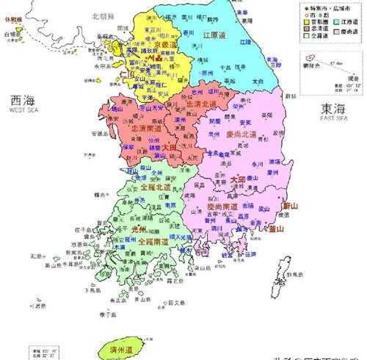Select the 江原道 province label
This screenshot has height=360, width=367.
pyautogui.click(x=217, y=35)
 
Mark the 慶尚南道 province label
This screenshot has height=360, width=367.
pyautogui.click(x=221, y=207)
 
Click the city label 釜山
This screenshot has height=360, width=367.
pyautogui.click(x=276, y=229)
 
